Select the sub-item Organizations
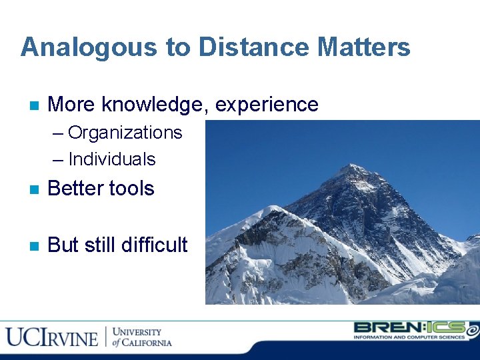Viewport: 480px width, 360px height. (125, 133)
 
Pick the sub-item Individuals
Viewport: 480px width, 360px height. (111, 159)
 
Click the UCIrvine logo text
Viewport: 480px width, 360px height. (52, 337)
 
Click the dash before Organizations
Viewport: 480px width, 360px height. (59, 133)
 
